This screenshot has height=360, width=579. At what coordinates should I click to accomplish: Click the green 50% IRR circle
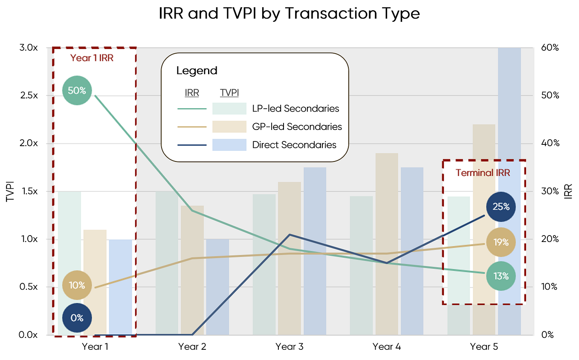77,90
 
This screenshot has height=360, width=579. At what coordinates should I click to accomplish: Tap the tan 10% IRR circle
77,285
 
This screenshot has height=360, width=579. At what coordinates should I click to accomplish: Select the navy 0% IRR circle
77,317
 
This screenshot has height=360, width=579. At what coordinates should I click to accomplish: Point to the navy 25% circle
501,207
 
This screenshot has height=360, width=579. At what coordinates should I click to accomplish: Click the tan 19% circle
501,242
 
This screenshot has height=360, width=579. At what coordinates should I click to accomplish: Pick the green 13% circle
501,276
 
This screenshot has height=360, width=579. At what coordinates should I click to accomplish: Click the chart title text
289,14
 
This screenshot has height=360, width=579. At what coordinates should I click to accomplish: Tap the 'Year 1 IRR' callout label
95,58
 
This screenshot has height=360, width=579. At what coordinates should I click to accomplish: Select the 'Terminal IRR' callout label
483,173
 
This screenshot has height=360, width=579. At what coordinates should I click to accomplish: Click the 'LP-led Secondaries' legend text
295,109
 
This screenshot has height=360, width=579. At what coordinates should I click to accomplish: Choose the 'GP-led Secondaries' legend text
297,127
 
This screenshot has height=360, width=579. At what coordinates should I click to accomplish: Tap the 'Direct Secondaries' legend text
294,145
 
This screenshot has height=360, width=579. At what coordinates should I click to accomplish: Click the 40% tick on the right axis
550,143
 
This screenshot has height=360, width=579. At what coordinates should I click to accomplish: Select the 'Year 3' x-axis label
289,347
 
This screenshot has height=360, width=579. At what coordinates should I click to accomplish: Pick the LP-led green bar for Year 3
264,264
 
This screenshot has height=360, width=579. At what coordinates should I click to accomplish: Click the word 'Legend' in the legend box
197,71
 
